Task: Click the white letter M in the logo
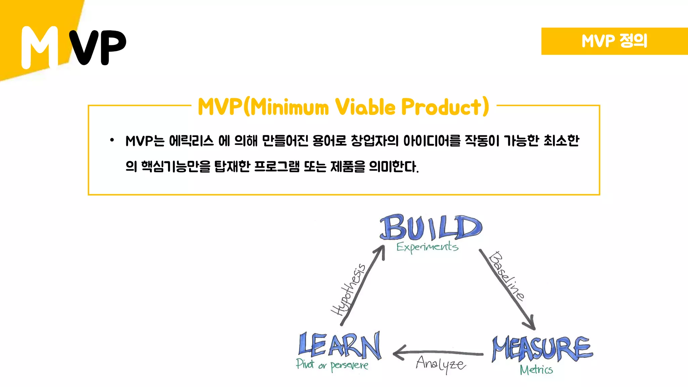(x=40, y=48)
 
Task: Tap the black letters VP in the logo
(x=98, y=47)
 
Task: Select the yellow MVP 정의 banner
(x=614, y=41)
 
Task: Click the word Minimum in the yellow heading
(x=290, y=107)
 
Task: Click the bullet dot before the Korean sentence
(x=112, y=140)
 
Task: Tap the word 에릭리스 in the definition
(x=191, y=141)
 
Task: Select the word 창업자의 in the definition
(x=375, y=141)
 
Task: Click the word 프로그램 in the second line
(x=276, y=166)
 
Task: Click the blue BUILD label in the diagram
(x=431, y=227)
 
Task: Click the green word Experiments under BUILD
(x=427, y=247)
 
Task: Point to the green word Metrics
(x=536, y=370)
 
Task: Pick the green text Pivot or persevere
(x=332, y=365)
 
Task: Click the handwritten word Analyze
(x=441, y=364)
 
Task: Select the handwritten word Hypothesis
(x=348, y=290)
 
